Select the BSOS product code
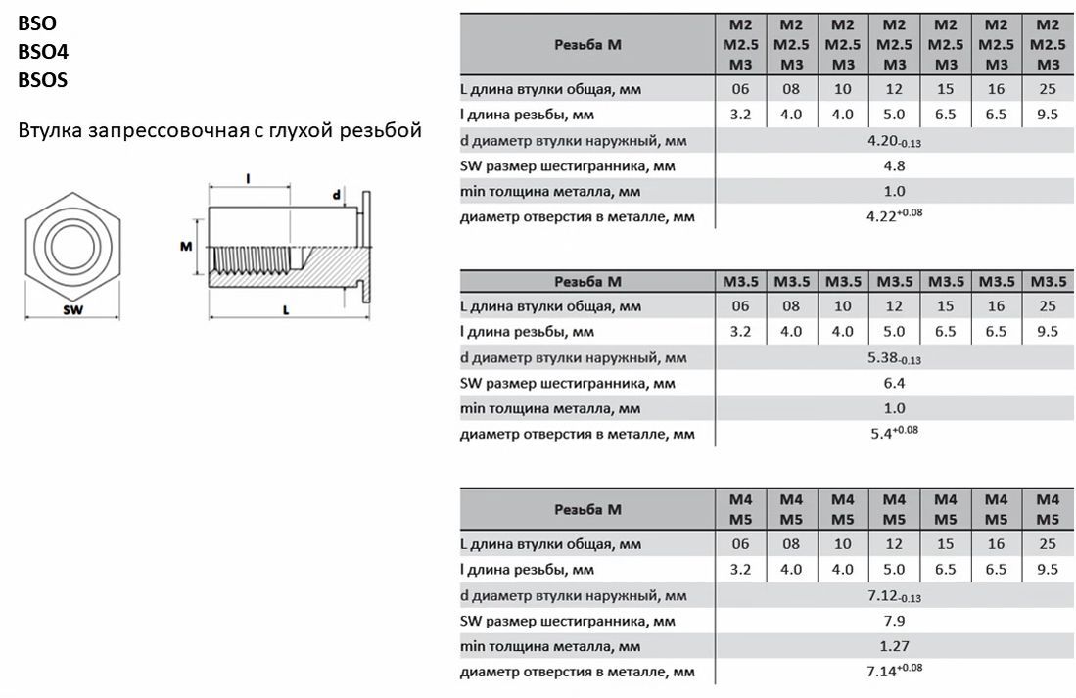pyautogui.click(x=42, y=81)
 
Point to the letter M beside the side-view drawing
pyautogui.click(x=185, y=247)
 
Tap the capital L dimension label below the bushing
pyautogui.click(x=285, y=310)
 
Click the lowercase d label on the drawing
pyautogui.click(x=336, y=195)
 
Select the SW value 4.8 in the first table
pyautogui.click(x=894, y=165)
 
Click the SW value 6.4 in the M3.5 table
pyautogui.click(x=894, y=383)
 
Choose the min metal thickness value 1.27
pyautogui.click(x=894, y=646)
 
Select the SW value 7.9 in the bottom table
pyautogui.click(x=894, y=621)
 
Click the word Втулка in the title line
pyautogui.click(x=50, y=130)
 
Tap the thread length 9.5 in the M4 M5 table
pyautogui.click(x=1048, y=569)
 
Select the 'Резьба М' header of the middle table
pyautogui.click(x=587, y=282)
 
